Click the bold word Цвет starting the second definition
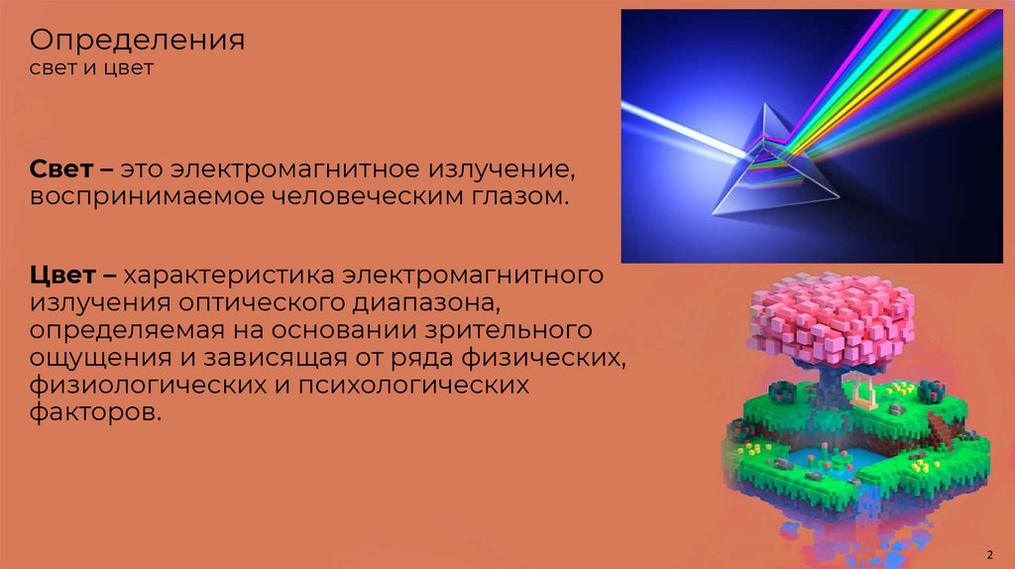tap(62, 273)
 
